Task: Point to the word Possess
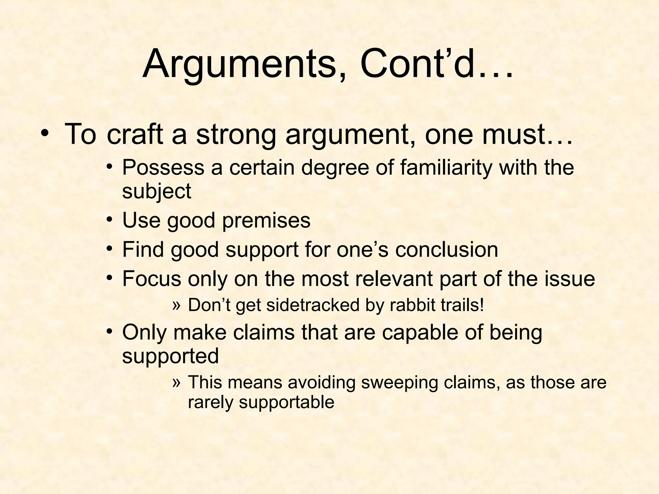pyautogui.click(x=163, y=168)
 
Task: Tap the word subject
pyautogui.click(x=157, y=191)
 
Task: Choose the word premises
pyautogui.click(x=266, y=221)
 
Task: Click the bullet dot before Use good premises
pyautogui.click(x=110, y=220)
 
